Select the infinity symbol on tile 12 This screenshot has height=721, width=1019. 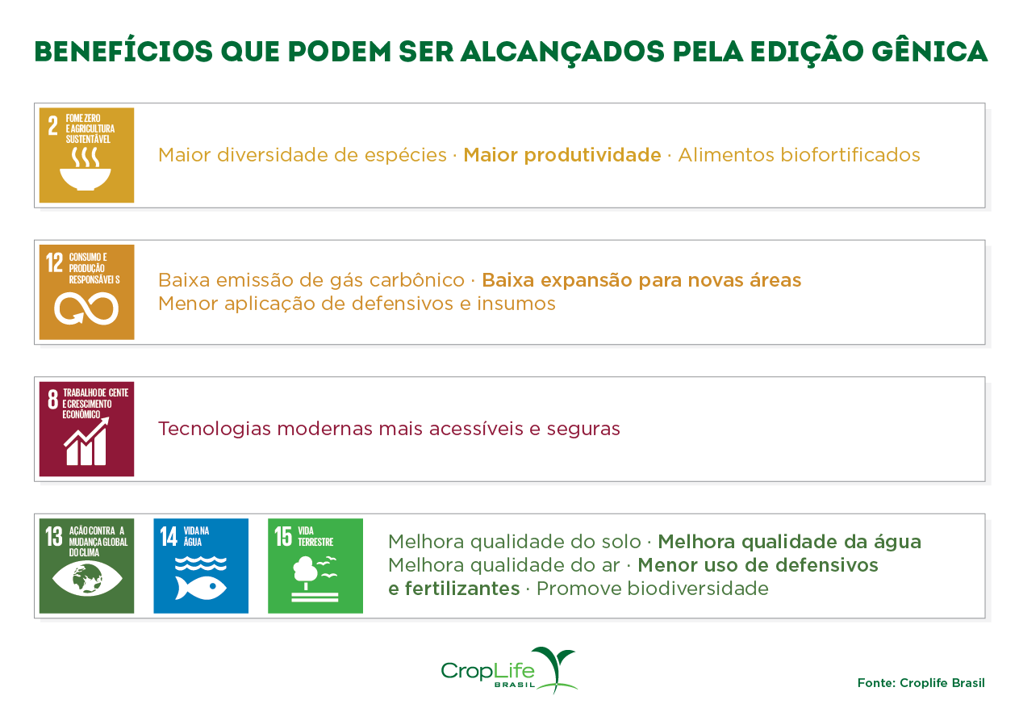click(x=86, y=308)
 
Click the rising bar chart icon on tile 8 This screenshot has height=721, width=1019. click(x=86, y=442)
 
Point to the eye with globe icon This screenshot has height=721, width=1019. click(x=86, y=578)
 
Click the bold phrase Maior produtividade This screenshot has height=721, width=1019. click(x=562, y=155)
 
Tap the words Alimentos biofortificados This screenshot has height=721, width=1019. click(x=799, y=155)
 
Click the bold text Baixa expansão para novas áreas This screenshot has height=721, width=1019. click(x=641, y=280)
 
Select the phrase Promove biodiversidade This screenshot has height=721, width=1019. click(x=652, y=589)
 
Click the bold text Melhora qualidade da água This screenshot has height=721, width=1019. click(x=789, y=542)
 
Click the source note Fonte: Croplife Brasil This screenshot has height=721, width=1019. click(x=921, y=683)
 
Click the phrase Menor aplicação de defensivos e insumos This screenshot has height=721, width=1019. click(x=357, y=304)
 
